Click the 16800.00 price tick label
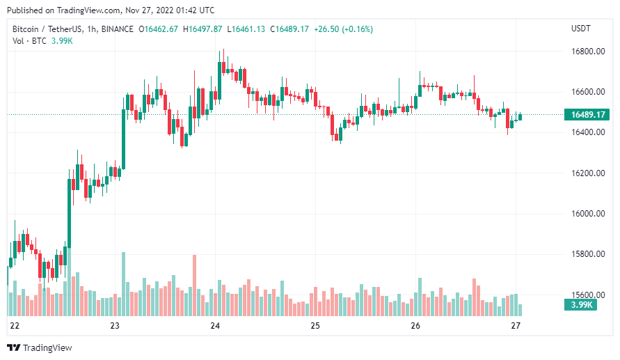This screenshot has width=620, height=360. click(587, 52)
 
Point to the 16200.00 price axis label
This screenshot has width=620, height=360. click(587, 173)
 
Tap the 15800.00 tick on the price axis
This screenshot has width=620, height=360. click(587, 254)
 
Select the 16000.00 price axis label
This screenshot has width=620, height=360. click(587, 214)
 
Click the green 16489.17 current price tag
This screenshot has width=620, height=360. click(587, 115)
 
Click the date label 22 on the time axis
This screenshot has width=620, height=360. click(15, 326)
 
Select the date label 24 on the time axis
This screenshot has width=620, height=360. click(215, 326)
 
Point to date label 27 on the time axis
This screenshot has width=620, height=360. click(516, 326)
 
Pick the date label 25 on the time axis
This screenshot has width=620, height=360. click(315, 326)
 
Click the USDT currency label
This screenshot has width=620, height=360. click(580, 29)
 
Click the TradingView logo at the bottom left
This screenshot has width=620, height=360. click(40, 347)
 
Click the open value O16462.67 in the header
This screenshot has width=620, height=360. click(159, 29)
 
